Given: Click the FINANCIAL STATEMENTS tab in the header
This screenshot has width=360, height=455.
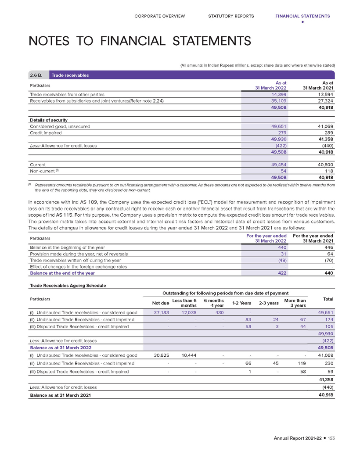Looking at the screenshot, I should coord(302,16).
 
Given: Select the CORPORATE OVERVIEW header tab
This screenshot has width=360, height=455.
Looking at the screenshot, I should coord(160,16).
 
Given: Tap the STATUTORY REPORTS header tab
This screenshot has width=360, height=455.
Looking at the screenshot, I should coord(231,16).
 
